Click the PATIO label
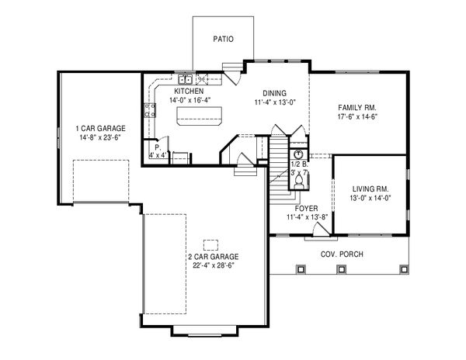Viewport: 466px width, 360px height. (223, 38)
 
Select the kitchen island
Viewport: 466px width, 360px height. (197, 116)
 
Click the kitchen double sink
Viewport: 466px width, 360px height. (186, 78)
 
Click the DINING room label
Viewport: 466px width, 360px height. (273, 92)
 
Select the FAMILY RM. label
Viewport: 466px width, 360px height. (356, 107)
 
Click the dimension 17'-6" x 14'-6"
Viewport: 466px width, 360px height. (356, 117)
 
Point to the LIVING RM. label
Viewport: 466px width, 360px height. (370, 188)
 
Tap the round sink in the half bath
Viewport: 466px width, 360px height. (297, 154)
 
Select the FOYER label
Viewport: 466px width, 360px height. (306, 207)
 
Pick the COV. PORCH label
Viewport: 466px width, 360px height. (343, 254)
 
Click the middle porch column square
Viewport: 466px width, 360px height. (340, 269)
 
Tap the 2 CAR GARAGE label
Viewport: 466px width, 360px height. (212, 256)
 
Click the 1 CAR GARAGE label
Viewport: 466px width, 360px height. (100, 127)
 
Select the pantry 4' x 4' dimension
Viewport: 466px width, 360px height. (159, 154)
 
